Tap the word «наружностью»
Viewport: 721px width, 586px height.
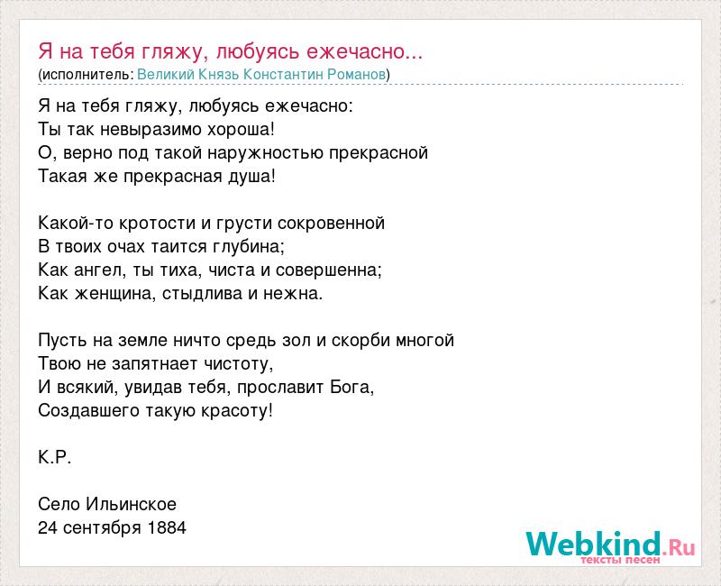tap(265, 153)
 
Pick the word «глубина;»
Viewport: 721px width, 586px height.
tap(249, 247)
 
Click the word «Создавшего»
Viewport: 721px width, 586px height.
tap(89, 411)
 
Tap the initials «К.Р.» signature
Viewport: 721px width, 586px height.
tap(55, 458)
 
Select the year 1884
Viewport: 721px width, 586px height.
tap(167, 528)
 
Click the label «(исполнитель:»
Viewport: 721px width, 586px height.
tap(86, 75)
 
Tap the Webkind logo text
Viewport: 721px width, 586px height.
tap(610, 544)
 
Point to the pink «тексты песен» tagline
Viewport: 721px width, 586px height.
tap(620, 560)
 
